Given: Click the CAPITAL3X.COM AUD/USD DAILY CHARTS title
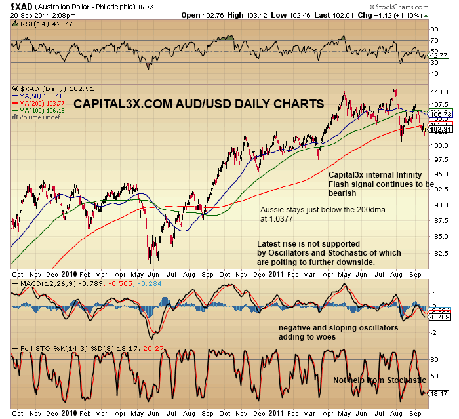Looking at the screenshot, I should tap(198, 104).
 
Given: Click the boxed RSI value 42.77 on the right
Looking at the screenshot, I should tap(437, 56).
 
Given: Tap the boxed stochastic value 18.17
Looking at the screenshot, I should tap(438, 393).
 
